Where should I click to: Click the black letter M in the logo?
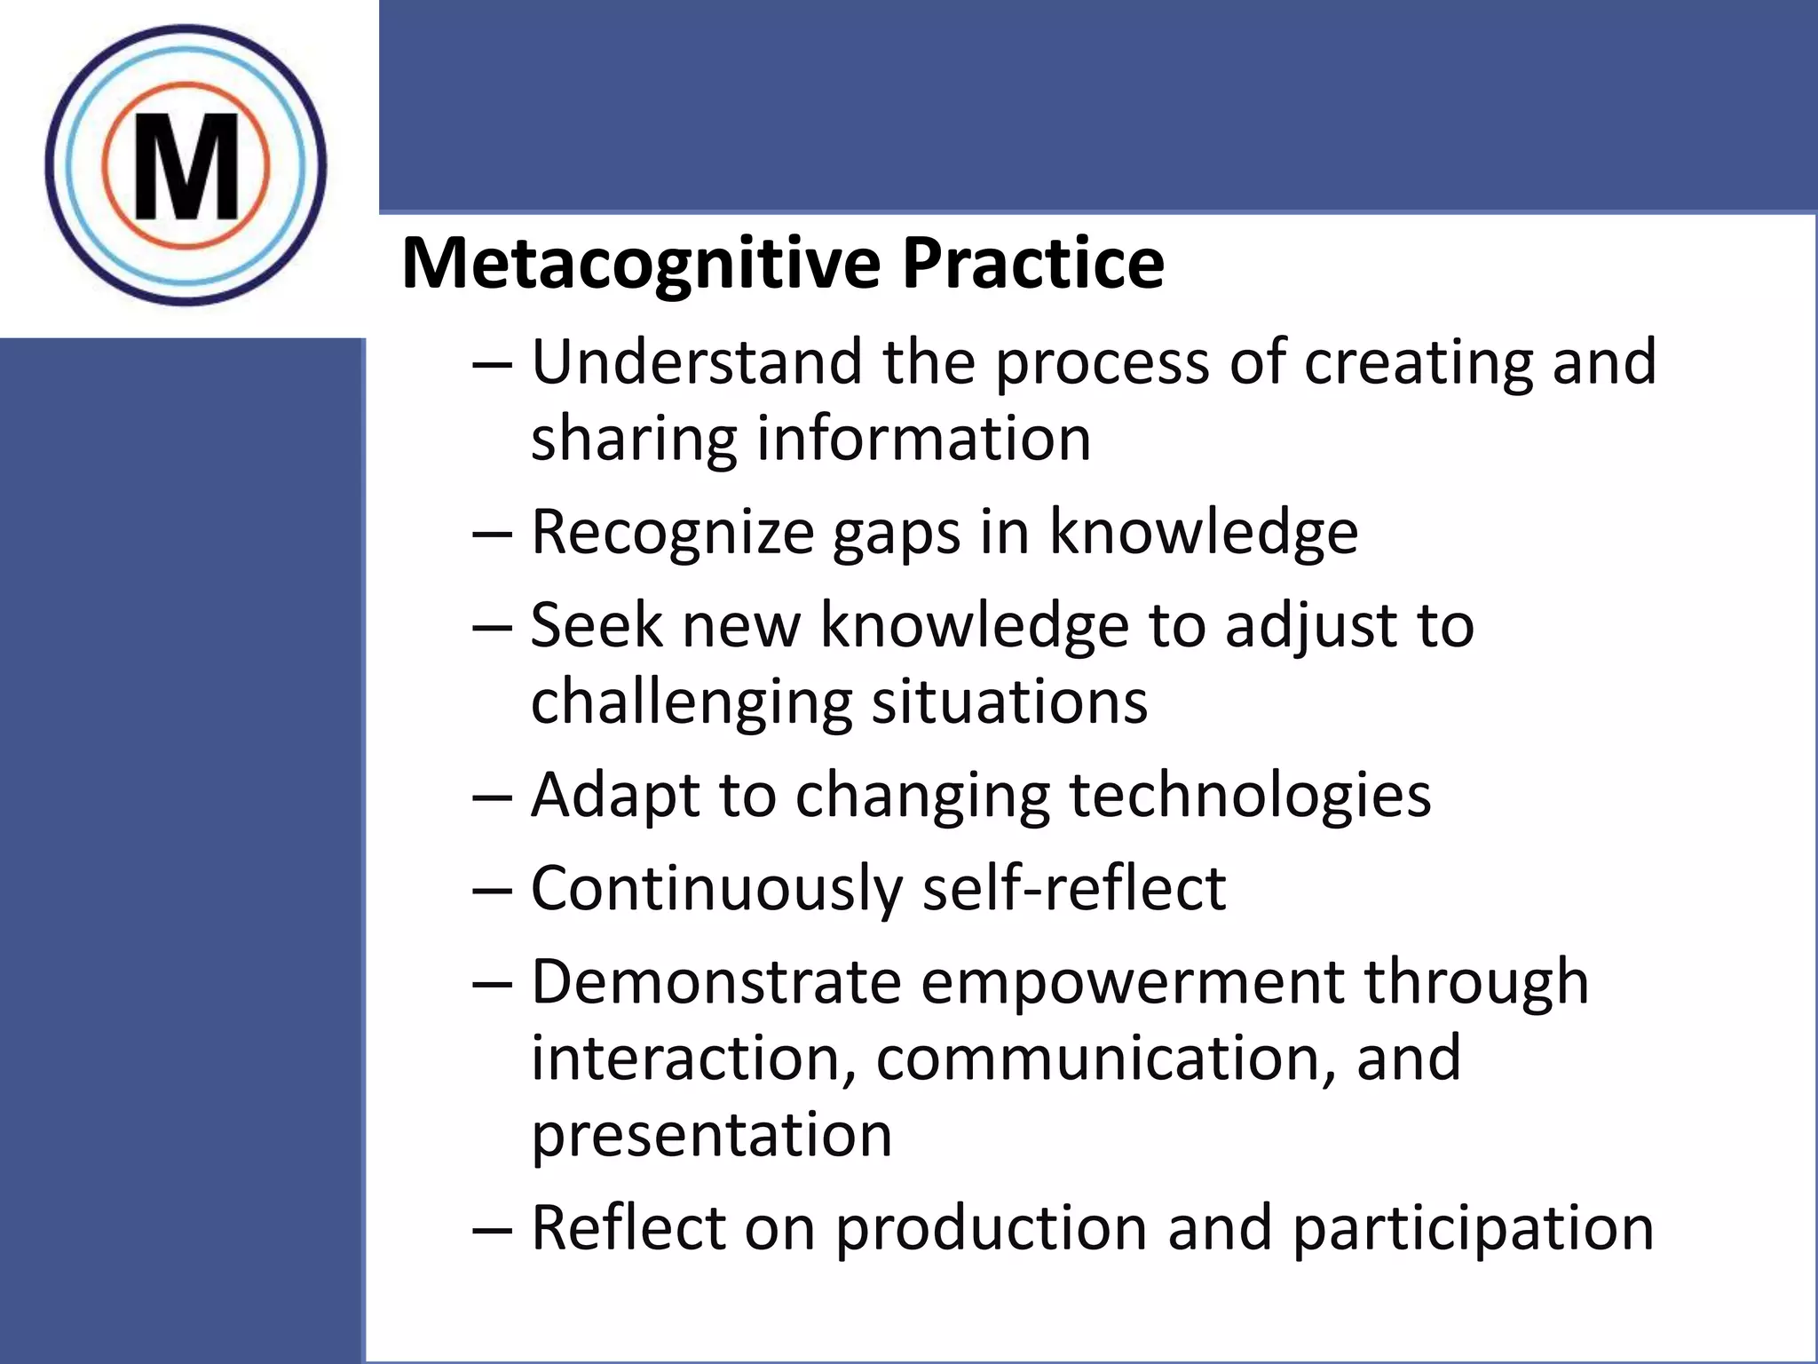[x=186, y=167]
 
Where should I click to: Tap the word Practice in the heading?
[x=1033, y=264]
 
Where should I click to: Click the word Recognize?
[x=672, y=532]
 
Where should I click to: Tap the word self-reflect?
[x=1074, y=889]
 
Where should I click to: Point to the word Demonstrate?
[x=715, y=982]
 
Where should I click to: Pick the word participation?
[x=1473, y=1229]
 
